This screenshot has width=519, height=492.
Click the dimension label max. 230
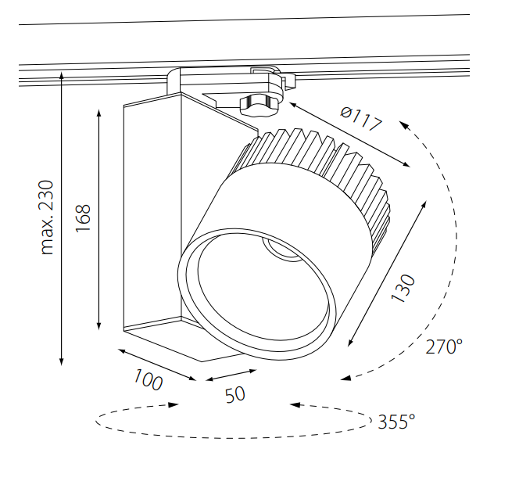pyautogui.click(x=48, y=217)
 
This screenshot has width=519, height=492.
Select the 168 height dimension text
pyautogui.click(x=84, y=216)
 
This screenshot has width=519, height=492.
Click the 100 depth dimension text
pyautogui.click(x=148, y=380)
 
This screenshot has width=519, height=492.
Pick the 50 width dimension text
pyautogui.click(x=234, y=393)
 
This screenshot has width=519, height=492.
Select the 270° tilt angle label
pyautogui.click(x=444, y=347)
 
